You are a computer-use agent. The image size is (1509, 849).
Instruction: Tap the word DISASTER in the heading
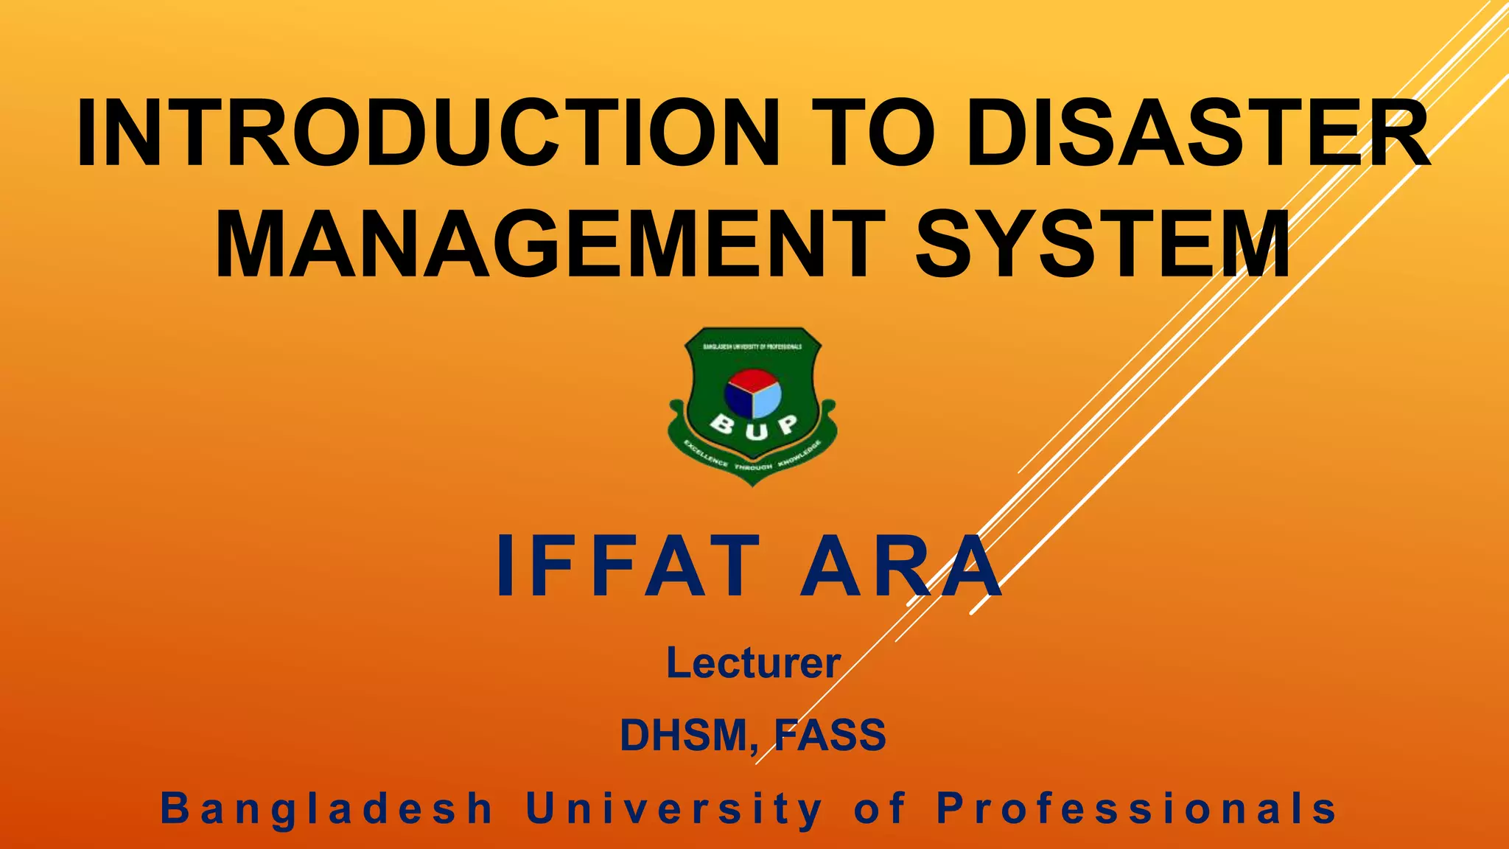click(1198, 133)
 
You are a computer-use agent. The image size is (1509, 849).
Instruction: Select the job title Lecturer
click(753, 663)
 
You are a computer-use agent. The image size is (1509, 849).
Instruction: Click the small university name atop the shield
click(752, 346)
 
